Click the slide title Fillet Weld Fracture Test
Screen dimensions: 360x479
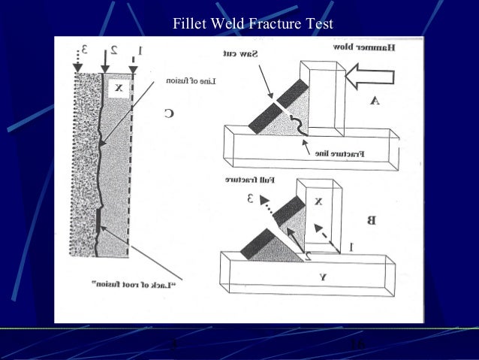click(x=253, y=25)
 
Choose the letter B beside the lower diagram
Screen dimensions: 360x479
click(x=369, y=220)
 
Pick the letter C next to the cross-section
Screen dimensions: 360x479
click(x=169, y=113)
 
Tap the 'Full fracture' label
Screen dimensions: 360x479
click(x=248, y=180)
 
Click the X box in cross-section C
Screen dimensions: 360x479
click(x=117, y=88)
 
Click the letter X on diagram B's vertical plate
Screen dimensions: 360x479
click(x=318, y=201)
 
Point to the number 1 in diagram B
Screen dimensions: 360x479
click(x=351, y=246)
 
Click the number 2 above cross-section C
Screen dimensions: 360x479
click(x=113, y=50)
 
